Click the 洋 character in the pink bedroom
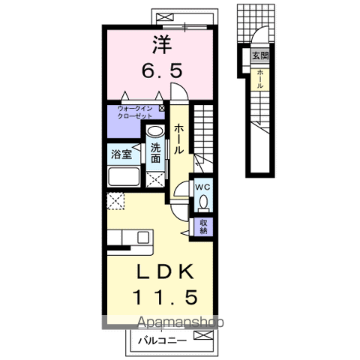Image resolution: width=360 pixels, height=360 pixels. tap(162, 44)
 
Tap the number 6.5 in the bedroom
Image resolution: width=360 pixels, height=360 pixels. tap(162, 70)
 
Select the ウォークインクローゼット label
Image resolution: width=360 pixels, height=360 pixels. tap(135, 112)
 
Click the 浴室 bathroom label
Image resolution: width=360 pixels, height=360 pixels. tap(121, 154)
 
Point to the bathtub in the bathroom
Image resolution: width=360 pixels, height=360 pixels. tap(124, 176)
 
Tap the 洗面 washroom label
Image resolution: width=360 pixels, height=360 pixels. tap(155, 154)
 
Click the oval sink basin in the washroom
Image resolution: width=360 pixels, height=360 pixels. tap(155, 131)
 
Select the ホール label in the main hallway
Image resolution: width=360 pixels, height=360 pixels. tap(179, 139)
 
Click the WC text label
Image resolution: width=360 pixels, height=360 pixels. tap(202, 187)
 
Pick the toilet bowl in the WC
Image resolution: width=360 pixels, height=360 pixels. tap(203, 202)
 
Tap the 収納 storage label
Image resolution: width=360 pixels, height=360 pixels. tap(203, 226)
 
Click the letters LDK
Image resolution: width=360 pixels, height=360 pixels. tap(165, 271)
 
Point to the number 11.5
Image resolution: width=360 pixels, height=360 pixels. tap(166, 297)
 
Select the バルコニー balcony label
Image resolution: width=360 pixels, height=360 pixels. tap(163, 340)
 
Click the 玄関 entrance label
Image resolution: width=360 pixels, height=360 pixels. tap(260, 55)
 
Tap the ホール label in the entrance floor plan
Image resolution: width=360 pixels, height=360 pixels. tap(260, 79)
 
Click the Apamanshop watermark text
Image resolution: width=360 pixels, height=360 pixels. tap(181, 322)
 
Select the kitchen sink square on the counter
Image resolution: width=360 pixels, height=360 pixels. tap(143, 237)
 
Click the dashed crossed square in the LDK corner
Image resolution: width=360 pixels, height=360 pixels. tap(115, 201)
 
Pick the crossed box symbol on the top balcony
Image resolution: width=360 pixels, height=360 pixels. tap(165, 17)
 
